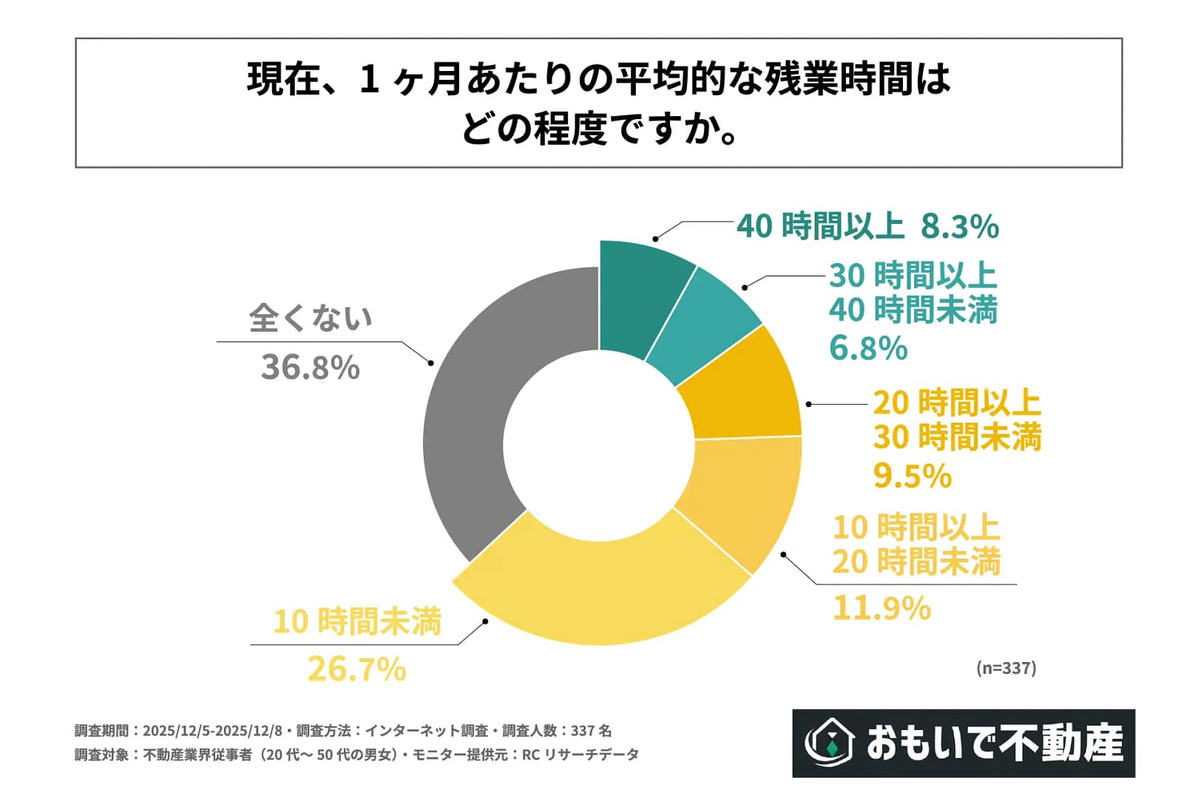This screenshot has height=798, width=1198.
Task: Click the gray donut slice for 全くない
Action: coord(473,414)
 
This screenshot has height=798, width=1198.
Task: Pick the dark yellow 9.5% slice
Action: coord(747,392)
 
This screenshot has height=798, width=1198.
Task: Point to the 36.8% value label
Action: coord(310,367)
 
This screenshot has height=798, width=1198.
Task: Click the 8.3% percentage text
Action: coord(959,226)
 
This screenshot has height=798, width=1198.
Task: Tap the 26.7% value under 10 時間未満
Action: coord(356,669)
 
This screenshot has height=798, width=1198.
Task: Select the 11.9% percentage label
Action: coord(881,608)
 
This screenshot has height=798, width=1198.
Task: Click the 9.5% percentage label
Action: coord(912,476)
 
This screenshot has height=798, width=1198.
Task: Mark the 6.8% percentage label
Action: coord(867,348)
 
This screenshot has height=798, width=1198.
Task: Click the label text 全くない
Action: coord(310,318)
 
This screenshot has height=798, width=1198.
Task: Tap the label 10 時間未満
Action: coord(356,621)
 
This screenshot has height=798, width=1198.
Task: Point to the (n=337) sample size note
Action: coord(1006,668)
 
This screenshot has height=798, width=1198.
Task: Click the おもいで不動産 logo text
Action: coord(995,743)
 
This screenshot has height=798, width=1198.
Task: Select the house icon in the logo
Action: coord(830,743)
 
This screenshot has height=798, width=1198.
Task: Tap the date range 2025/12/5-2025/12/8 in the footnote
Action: coord(212,731)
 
